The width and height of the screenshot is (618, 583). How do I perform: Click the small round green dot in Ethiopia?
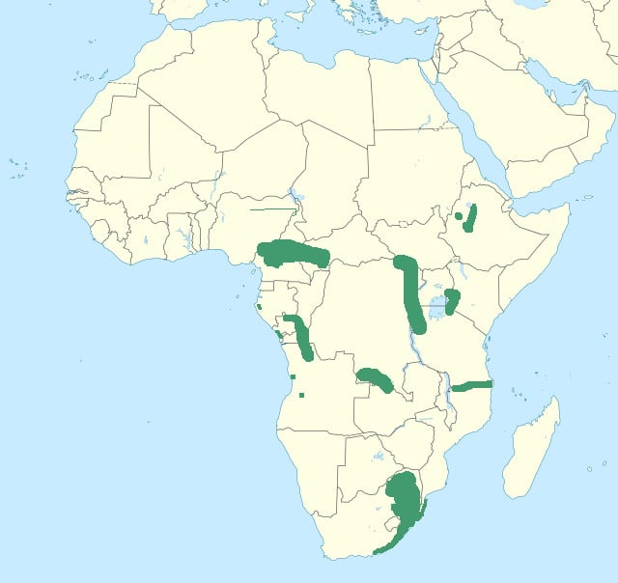point(458,217)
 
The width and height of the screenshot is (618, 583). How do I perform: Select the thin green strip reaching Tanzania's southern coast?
point(473,385)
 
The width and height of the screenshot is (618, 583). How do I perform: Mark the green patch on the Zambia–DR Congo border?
point(374,377)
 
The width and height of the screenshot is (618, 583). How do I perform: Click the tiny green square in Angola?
point(302,395)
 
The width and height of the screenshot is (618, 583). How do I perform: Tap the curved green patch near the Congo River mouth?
point(300,336)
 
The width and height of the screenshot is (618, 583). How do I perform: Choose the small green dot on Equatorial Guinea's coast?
point(259,307)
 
